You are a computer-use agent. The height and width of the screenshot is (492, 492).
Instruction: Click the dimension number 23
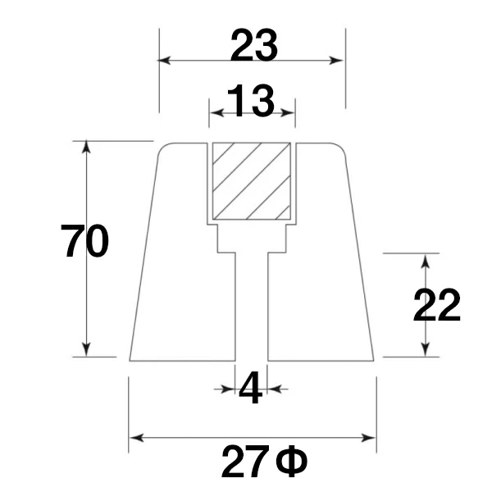pos(254,45)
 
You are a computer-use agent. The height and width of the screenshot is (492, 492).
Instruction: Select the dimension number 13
pos(250,100)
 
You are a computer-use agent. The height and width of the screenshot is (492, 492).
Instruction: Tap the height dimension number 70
pos(84,240)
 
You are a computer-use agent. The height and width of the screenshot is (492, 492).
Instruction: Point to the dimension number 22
pos(436,305)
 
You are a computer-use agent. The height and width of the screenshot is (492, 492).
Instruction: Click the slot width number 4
pos(250,388)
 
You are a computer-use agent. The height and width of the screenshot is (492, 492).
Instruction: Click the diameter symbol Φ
pos(292,461)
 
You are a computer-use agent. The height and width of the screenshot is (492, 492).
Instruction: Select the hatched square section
pos(252,181)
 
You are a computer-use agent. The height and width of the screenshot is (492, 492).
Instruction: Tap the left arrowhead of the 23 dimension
pos(164,60)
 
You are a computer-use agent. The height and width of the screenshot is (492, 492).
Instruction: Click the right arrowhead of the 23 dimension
pos(336,60)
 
